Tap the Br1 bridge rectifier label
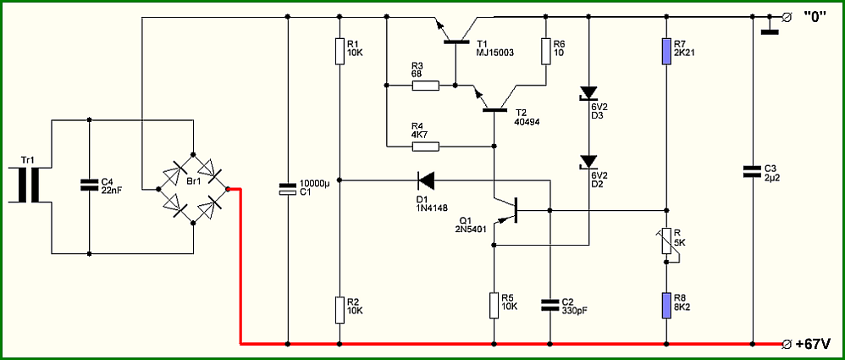click(x=193, y=181)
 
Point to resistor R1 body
click(x=340, y=51)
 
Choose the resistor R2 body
click(x=340, y=310)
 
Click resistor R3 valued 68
click(x=426, y=86)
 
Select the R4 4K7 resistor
click(x=426, y=146)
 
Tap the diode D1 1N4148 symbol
click(x=426, y=180)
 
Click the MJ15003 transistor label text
click(x=495, y=53)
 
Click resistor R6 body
click(x=545, y=52)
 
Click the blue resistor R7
click(x=666, y=52)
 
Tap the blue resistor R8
click(x=666, y=307)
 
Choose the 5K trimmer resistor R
click(x=666, y=241)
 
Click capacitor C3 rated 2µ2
click(x=754, y=171)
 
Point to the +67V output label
click(x=812, y=343)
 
